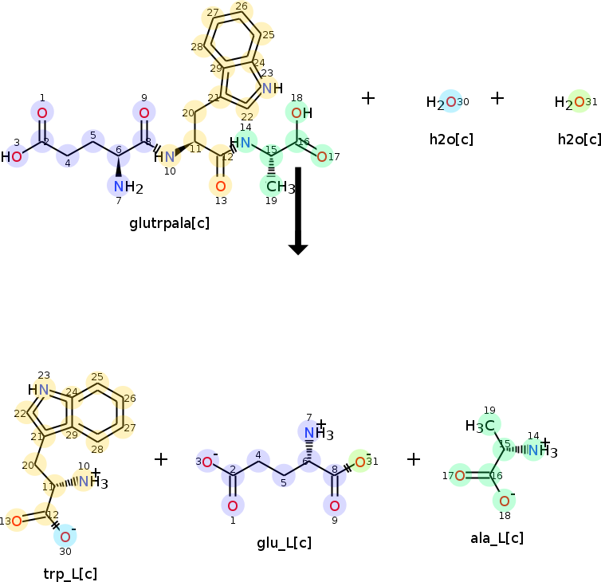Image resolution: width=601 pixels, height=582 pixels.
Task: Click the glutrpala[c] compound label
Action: point(169,223)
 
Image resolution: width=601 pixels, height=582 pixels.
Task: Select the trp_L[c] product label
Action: point(71,572)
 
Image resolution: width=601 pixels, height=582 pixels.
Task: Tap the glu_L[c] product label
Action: point(284,544)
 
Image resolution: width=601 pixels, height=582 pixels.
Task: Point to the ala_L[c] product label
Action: point(497,537)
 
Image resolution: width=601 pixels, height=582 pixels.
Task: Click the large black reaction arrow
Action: point(298,210)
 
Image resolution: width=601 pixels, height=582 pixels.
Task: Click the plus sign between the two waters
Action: point(497,98)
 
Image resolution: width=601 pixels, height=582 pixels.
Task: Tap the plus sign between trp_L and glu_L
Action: point(161,459)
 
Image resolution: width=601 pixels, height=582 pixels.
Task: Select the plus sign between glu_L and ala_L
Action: point(414,459)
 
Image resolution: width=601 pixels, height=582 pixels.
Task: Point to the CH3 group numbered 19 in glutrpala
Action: point(278,187)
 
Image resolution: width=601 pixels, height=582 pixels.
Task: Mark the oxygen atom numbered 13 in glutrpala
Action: point(221,186)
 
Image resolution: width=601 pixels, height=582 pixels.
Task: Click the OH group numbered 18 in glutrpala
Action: point(300,113)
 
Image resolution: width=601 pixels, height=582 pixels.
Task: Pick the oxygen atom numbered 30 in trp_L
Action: point(65,536)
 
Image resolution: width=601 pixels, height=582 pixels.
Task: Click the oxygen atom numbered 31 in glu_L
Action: point(360,462)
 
